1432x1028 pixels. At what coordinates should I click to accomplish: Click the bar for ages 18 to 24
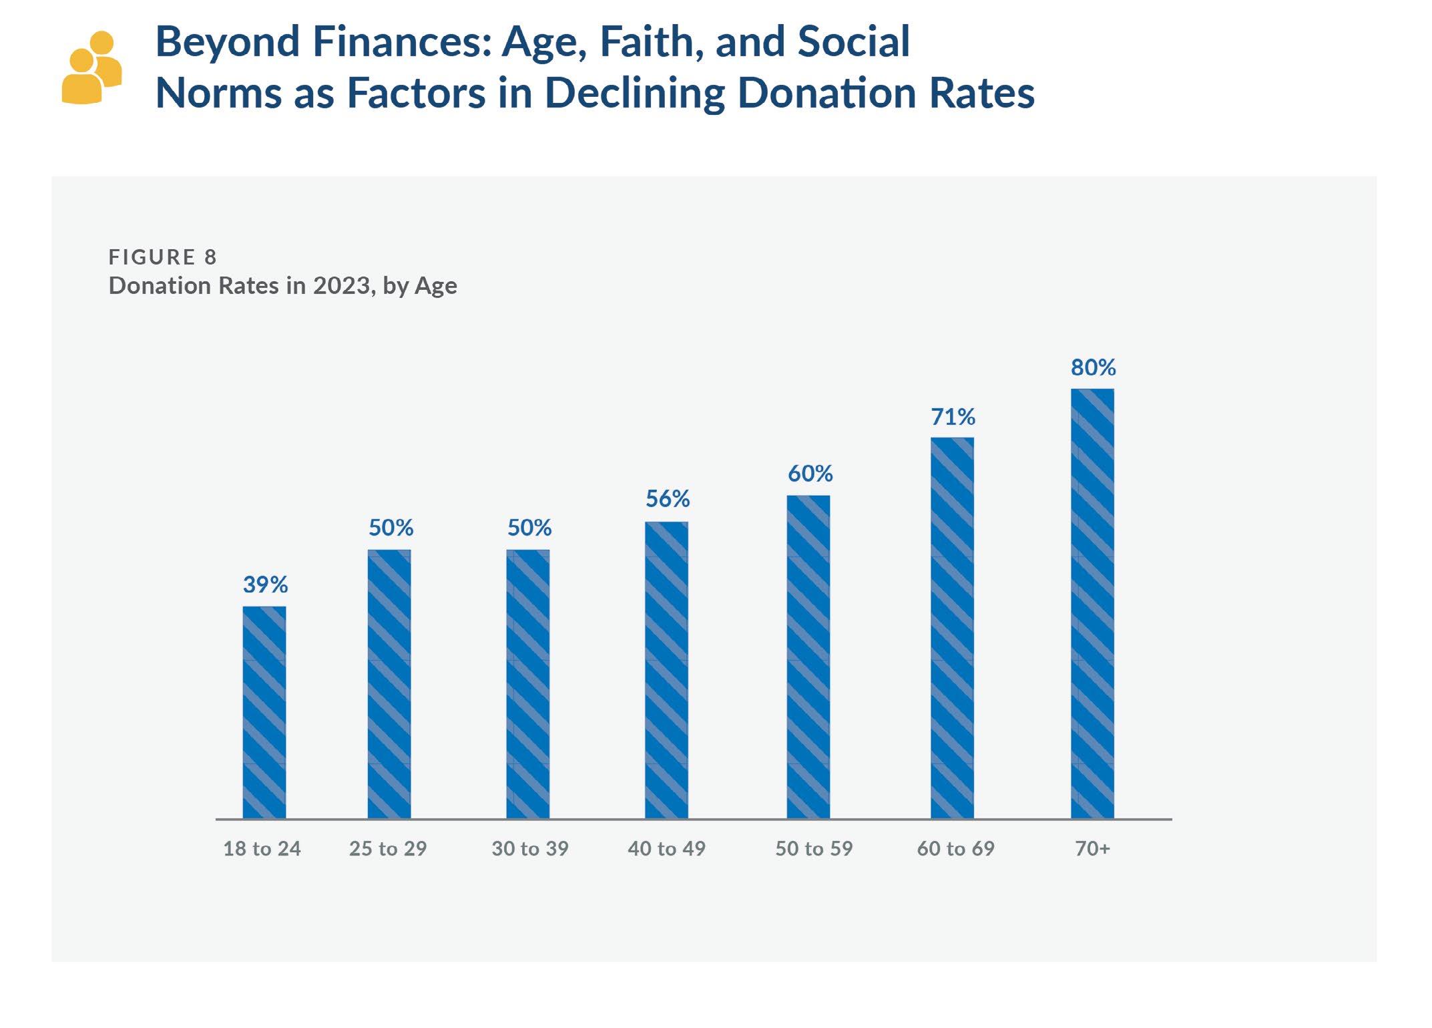point(264,712)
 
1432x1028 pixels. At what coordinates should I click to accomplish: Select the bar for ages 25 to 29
point(389,684)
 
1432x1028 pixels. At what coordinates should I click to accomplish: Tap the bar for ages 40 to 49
point(666,670)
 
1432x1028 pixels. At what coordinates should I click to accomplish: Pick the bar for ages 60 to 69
point(952,628)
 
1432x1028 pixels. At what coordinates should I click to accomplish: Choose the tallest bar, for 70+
point(1092,603)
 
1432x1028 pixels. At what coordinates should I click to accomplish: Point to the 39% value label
point(265,585)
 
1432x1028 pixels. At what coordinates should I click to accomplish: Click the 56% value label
point(668,499)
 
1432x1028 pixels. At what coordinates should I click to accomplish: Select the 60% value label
point(810,474)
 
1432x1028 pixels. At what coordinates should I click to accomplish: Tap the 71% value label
point(953,417)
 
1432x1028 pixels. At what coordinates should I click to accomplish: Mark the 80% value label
point(1093,367)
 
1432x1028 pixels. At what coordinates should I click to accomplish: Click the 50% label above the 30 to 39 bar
point(529,528)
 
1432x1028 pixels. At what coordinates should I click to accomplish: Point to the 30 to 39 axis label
point(530,849)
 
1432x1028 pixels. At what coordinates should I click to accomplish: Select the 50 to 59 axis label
point(814,849)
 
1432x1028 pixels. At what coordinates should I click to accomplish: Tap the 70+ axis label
point(1092,849)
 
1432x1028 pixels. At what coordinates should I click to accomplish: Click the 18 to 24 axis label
point(262,849)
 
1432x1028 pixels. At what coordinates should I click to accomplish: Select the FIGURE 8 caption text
point(163,257)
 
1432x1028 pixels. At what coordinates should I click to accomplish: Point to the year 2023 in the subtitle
point(342,286)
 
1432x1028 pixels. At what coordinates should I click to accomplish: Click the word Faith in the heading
point(647,41)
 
